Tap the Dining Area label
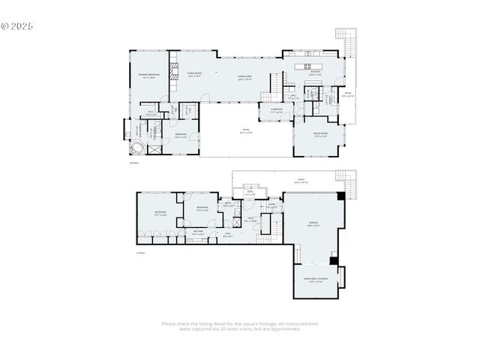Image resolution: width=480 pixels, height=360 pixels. [x=244, y=77]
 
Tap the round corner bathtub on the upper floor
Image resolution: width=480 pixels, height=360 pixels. [x=136, y=146]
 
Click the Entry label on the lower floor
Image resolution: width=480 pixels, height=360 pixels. [x=272, y=205]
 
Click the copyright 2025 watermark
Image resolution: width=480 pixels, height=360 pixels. [x=17, y=25]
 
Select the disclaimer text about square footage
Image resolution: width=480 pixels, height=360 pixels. [x=240, y=326]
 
